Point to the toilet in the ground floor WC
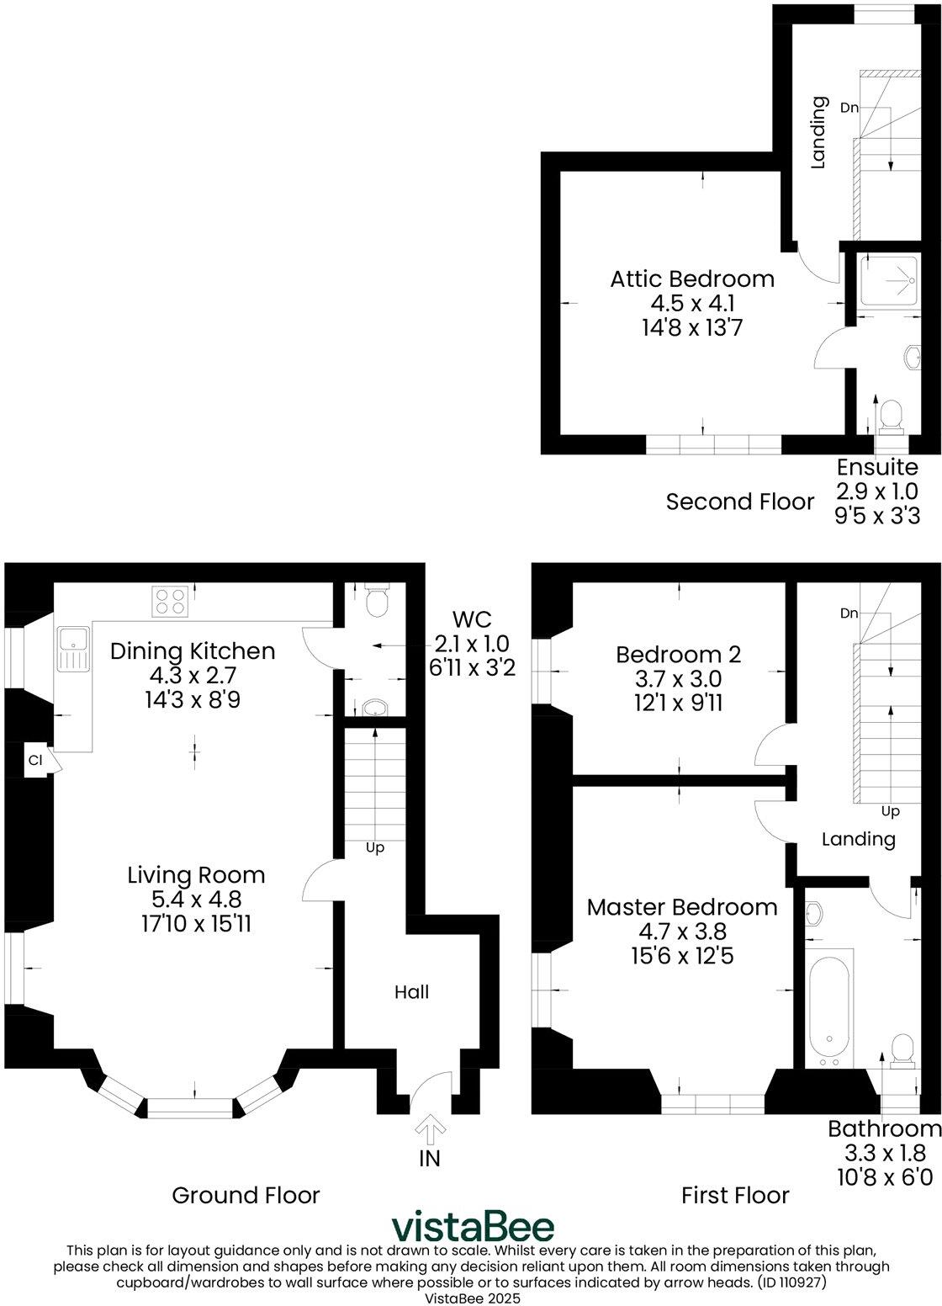pos(377,598)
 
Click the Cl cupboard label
pos(34,760)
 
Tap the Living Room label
pos(196,875)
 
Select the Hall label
pos(412,992)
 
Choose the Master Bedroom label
pos(682,907)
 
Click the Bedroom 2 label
pos(678,654)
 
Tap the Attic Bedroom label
pos(692,279)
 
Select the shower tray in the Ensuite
pos(888,277)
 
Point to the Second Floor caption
pos(740,502)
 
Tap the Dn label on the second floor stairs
pos(849,107)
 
